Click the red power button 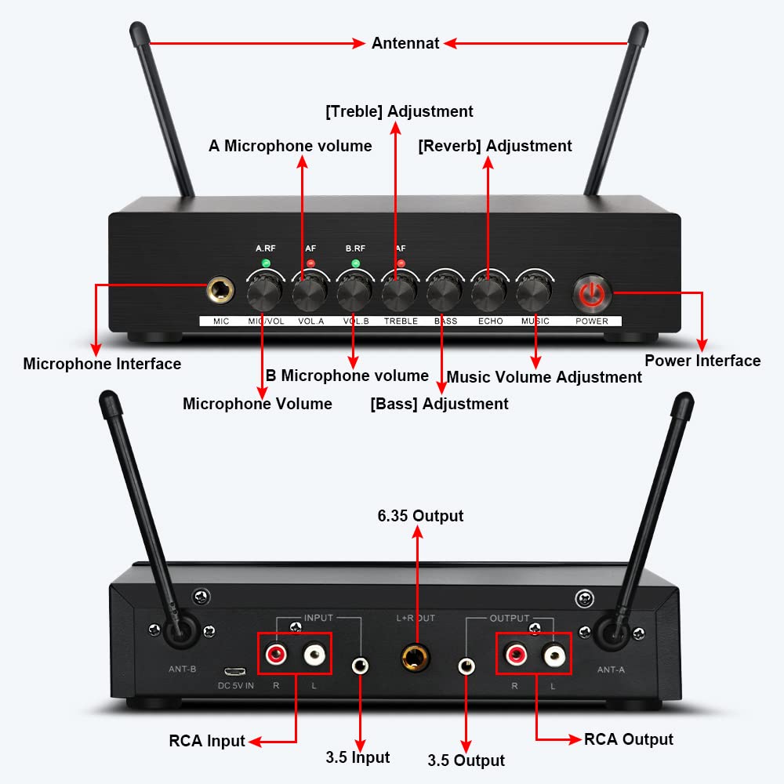click(x=593, y=294)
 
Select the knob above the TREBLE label click(x=399, y=295)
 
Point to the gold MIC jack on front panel click(x=220, y=292)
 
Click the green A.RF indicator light click(x=266, y=263)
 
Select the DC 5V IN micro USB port click(x=234, y=672)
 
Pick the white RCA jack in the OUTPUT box click(x=553, y=653)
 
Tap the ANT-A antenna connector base click(x=609, y=631)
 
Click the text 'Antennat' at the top click(x=405, y=44)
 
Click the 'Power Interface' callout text click(x=702, y=361)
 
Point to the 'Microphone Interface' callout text click(x=102, y=364)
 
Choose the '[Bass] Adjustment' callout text click(x=439, y=404)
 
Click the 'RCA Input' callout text click(x=207, y=741)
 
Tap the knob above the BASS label click(x=444, y=295)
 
